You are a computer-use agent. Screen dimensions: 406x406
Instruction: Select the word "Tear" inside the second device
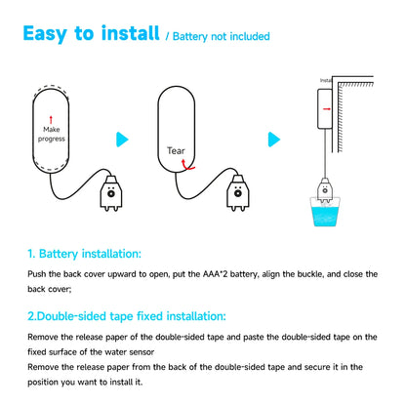coord(177,151)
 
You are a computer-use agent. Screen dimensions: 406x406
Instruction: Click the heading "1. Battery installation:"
coord(84,253)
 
